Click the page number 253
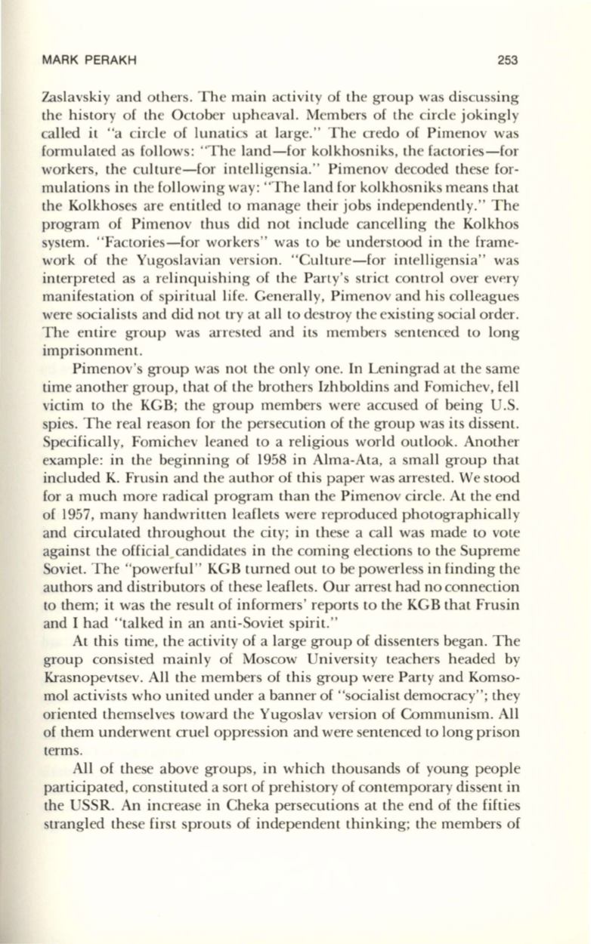(517, 61)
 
